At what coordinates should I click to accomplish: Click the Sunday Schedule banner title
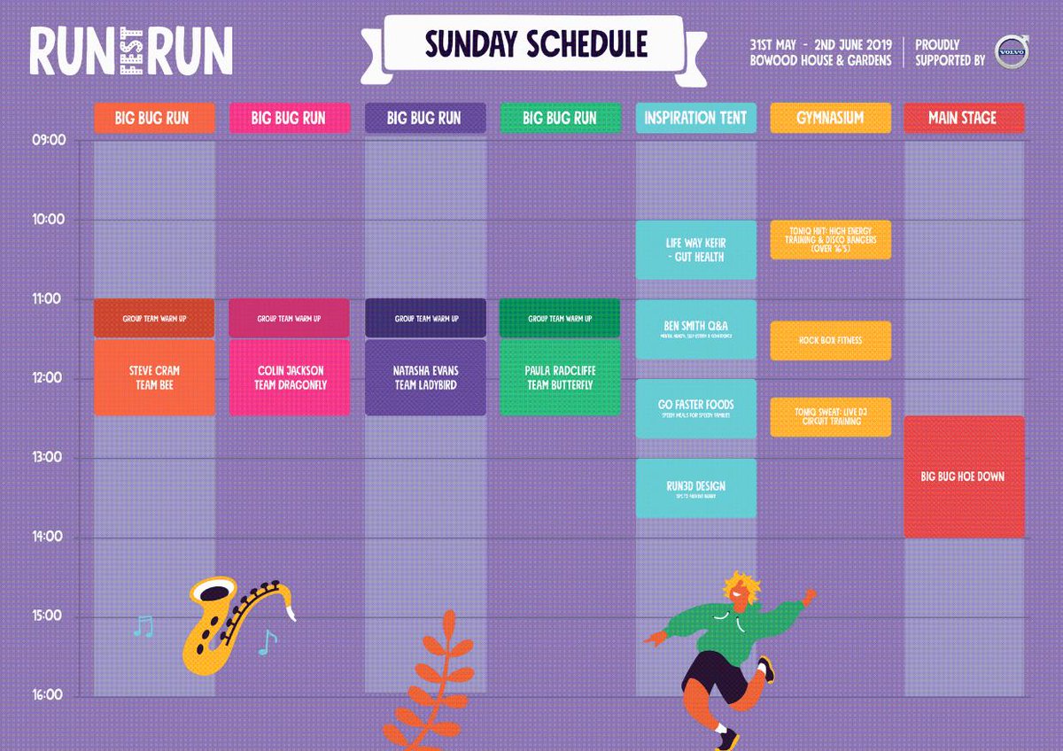click(535, 44)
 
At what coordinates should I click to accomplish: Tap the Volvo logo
click(1010, 51)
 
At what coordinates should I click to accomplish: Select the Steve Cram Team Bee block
click(154, 377)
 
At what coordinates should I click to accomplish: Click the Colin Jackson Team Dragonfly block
click(289, 377)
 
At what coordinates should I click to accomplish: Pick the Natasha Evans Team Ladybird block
click(425, 377)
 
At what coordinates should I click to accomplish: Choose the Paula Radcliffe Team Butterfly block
click(560, 377)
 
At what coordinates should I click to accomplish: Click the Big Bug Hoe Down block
click(964, 476)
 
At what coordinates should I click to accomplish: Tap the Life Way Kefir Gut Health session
click(696, 250)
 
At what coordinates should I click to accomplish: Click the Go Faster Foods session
click(696, 408)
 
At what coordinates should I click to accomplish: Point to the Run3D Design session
click(696, 488)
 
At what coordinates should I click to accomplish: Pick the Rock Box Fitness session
click(830, 340)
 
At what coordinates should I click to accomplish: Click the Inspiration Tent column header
click(695, 118)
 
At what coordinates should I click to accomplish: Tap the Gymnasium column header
click(830, 118)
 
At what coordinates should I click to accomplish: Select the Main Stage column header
click(964, 118)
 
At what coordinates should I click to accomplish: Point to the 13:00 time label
click(49, 458)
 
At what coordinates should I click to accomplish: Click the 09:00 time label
click(49, 140)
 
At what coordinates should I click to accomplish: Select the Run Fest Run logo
click(131, 50)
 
